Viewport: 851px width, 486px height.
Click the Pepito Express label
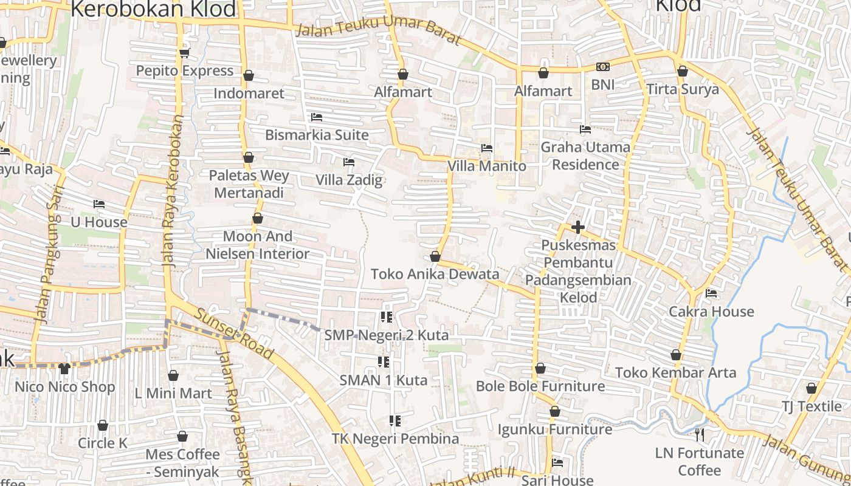click(184, 70)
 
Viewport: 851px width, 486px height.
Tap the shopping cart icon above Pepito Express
click(185, 53)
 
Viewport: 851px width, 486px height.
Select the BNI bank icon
click(602, 67)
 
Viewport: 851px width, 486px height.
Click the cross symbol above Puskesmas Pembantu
click(578, 227)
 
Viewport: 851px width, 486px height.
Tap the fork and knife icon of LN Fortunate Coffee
click(700, 434)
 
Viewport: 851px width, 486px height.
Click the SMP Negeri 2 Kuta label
click(386, 335)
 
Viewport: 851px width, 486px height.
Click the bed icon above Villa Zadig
click(349, 162)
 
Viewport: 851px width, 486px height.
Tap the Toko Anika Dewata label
click(435, 274)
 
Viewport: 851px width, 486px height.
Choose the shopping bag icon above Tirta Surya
click(683, 72)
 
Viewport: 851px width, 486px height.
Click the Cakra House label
click(711, 312)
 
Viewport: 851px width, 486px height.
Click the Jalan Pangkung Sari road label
click(48, 255)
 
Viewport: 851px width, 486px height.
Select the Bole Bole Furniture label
click(540, 386)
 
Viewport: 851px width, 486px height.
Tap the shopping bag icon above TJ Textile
click(811, 388)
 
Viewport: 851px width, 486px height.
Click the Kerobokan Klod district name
click(153, 9)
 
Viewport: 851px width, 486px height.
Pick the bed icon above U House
click(99, 204)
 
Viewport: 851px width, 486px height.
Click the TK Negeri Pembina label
click(395, 439)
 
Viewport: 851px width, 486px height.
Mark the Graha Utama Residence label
click(585, 156)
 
